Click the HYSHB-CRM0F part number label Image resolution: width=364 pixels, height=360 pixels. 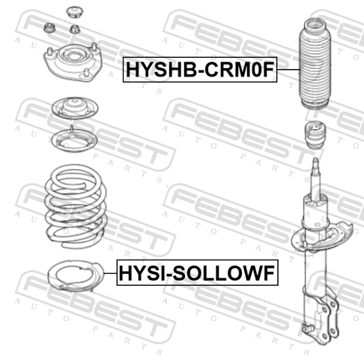coord(200,70)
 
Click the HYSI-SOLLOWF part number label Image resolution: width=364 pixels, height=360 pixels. coord(197,273)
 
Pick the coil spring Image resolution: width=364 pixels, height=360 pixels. coord(76,206)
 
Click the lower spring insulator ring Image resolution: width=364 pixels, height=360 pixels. coord(76,276)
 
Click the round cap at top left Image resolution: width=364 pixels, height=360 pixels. coord(75,12)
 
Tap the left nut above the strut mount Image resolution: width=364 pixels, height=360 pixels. coord(49,28)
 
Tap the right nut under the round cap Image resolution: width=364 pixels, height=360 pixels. coord(75,29)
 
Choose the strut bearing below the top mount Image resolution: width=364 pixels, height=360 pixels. coord(75,108)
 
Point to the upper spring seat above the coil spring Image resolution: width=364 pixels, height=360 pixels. coord(74,140)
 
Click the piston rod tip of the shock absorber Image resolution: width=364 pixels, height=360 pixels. coord(316,160)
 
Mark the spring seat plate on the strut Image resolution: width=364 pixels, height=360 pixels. coord(322,238)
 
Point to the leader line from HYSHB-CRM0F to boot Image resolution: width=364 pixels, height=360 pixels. coord(288,70)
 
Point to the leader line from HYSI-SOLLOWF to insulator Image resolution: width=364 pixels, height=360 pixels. coord(110,273)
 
